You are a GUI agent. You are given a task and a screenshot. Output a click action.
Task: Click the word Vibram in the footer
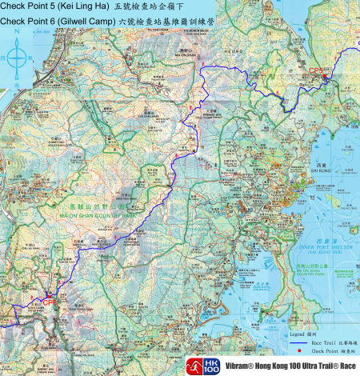(227, 364)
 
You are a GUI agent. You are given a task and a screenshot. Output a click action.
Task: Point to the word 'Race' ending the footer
(345, 364)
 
